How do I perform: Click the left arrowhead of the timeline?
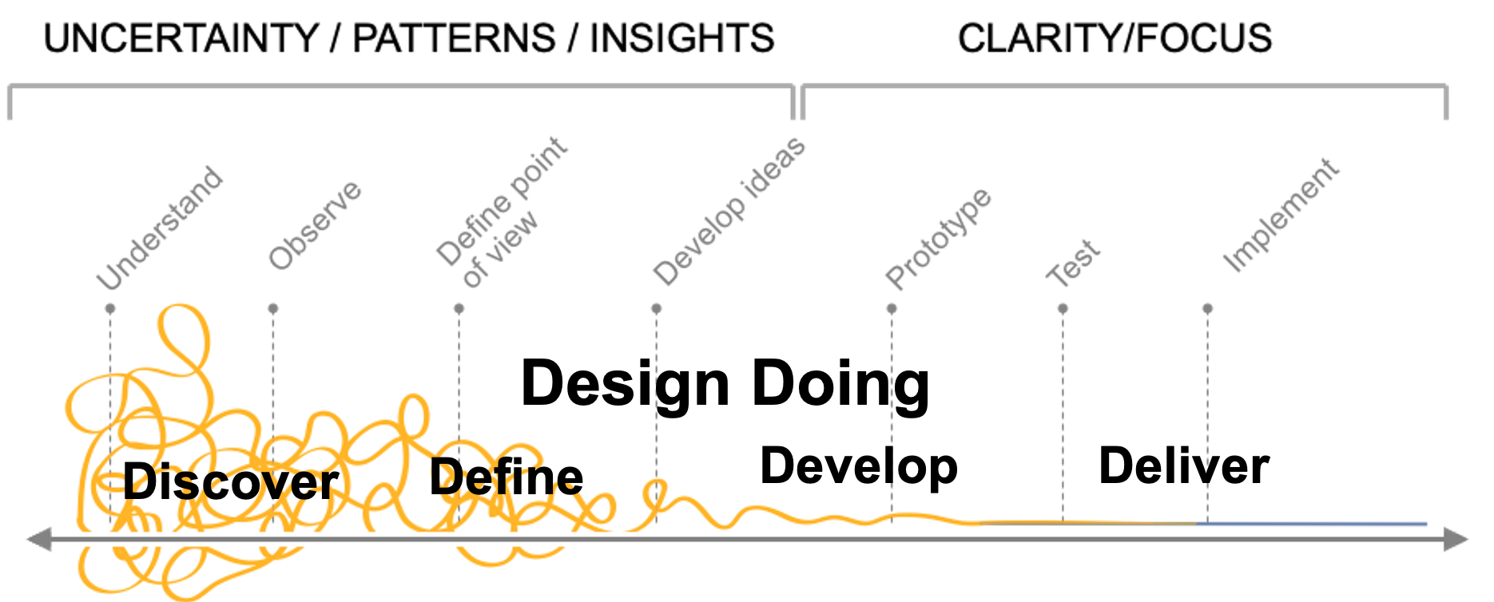pyautogui.click(x=37, y=539)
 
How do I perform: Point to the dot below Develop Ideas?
pyautogui.click(x=655, y=307)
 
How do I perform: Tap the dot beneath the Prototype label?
pyautogui.click(x=892, y=307)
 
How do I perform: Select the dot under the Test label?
pyautogui.click(x=1062, y=307)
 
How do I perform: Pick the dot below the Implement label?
pyautogui.click(x=1207, y=307)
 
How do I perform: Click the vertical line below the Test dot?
pyautogui.click(x=1062, y=415)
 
